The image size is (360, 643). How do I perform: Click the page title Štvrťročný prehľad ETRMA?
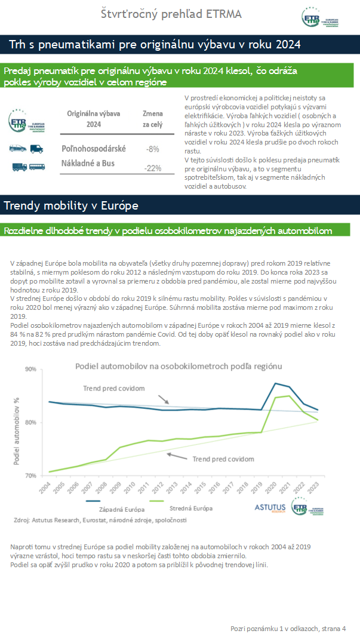pyautogui.click(x=171, y=14)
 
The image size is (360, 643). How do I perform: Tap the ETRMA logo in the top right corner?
pyautogui.click(x=320, y=18)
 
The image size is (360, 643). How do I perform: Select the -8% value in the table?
pyautogui.click(x=152, y=149)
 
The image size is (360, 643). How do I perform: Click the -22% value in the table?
pyautogui.click(x=152, y=168)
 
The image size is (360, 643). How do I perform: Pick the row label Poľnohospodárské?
pyautogui.click(x=94, y=149)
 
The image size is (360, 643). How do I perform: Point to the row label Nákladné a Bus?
pyautogui.click(x=88, y=163)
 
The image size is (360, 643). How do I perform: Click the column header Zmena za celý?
pyautogui.click(x=152, y=119)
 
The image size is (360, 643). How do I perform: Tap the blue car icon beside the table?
pyautogui.click(x=18, y=148)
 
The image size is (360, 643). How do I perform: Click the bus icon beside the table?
pyautogui.click(x=37, y=167)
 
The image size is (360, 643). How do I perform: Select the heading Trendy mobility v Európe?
pyautogui.click(x=71, y=205)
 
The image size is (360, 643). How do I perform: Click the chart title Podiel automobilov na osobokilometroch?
pyautogui.click(x=179, y=366)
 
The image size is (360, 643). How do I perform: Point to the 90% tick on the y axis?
pyautogui.click(x=30, y=369)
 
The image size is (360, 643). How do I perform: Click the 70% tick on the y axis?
pyautogui.click(x=30, y=476)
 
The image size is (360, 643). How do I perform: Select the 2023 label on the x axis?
pyautogui.click(x=313, y=487)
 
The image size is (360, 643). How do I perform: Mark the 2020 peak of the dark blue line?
pyautogui.click(x=275, y=383)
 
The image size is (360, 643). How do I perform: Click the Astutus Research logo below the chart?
pyautogui.click(x=270, y=508)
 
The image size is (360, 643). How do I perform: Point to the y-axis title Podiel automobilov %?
pyautogui.click(x=17, y=431)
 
